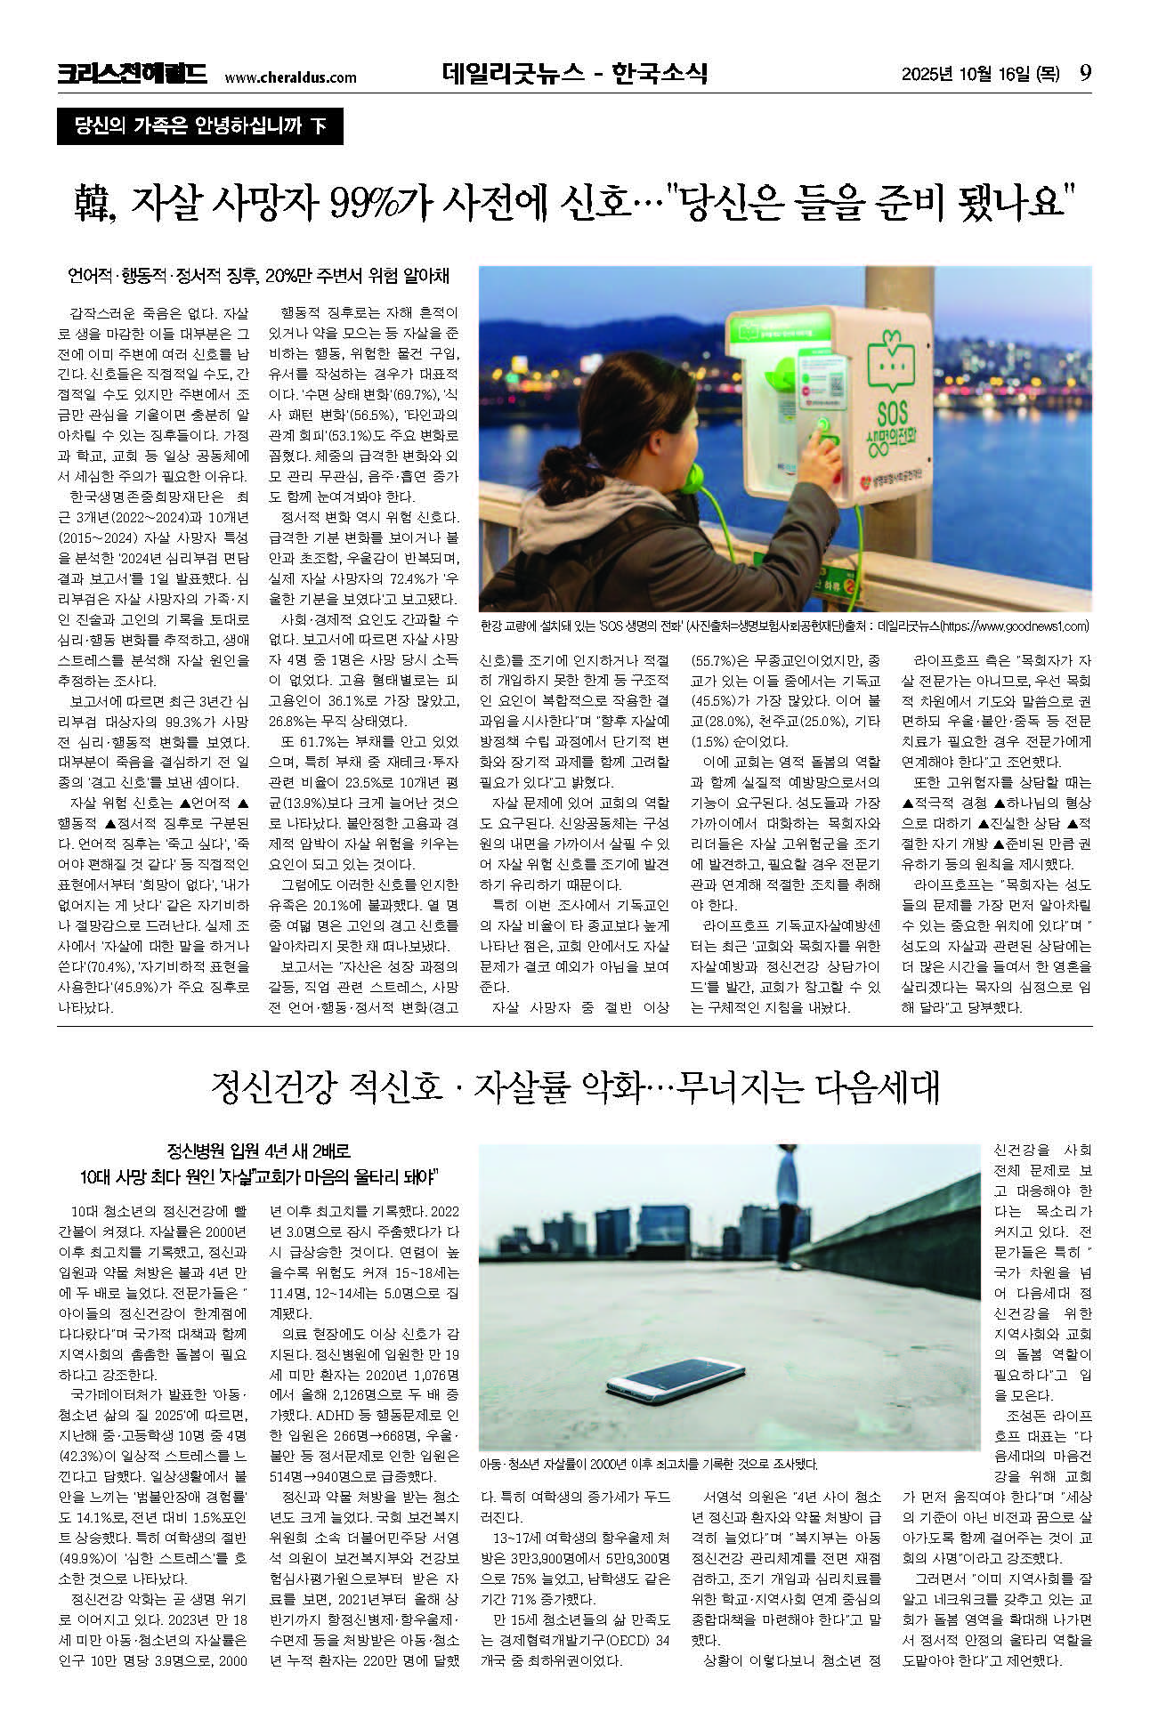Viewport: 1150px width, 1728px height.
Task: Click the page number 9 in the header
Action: (x=1084, y=73)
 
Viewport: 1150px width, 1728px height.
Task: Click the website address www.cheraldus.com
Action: (x=290, y=77)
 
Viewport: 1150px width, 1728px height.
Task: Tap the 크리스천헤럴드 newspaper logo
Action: (x=132, y=74)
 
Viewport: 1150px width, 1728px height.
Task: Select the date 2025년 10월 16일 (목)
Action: (x=980, y=74)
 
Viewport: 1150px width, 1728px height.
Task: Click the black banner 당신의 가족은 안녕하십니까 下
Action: (x=199, y=126)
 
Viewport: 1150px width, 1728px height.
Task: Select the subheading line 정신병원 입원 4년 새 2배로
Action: (x=259, y=1151)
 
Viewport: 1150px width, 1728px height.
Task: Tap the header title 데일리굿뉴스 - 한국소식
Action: (x=574, y=73)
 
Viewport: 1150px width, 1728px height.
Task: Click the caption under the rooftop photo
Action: (x=648, y=1464)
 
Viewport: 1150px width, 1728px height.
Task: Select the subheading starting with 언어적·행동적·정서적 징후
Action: (x=258, y=277)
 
